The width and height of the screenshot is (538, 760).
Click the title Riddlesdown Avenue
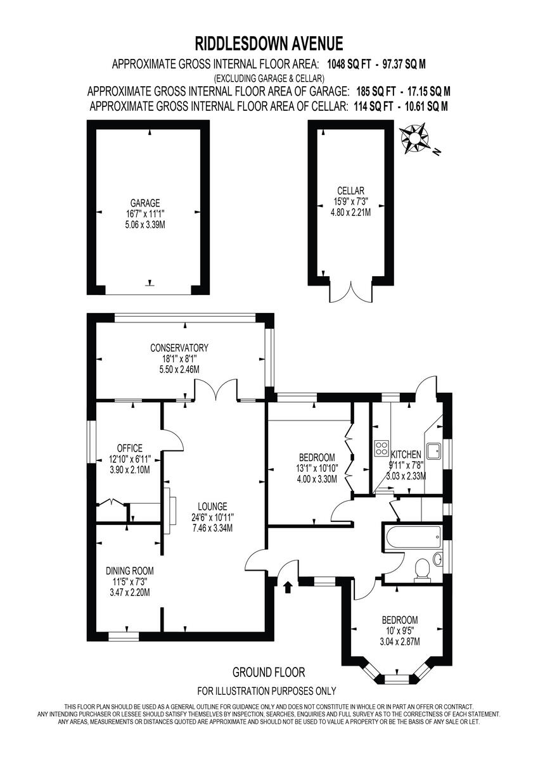(269, 43)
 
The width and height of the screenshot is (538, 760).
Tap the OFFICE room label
(125, 448)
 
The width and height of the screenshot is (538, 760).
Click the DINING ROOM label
(129, 570)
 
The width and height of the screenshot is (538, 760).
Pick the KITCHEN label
(406, 455)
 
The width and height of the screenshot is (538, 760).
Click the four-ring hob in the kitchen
(381, 448)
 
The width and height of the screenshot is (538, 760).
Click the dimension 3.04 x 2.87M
(400, 642)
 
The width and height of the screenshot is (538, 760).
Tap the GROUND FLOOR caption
(269, 672)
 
